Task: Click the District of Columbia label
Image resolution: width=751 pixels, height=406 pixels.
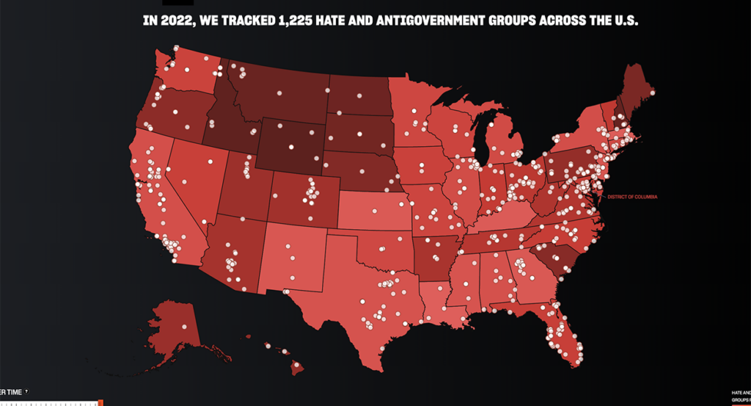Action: [632, 197]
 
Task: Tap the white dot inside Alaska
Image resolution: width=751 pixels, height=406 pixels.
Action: [184, 327]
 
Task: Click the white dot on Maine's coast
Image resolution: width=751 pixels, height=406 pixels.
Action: [652, 93]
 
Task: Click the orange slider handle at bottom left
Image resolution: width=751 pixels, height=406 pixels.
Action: [100, 402]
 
